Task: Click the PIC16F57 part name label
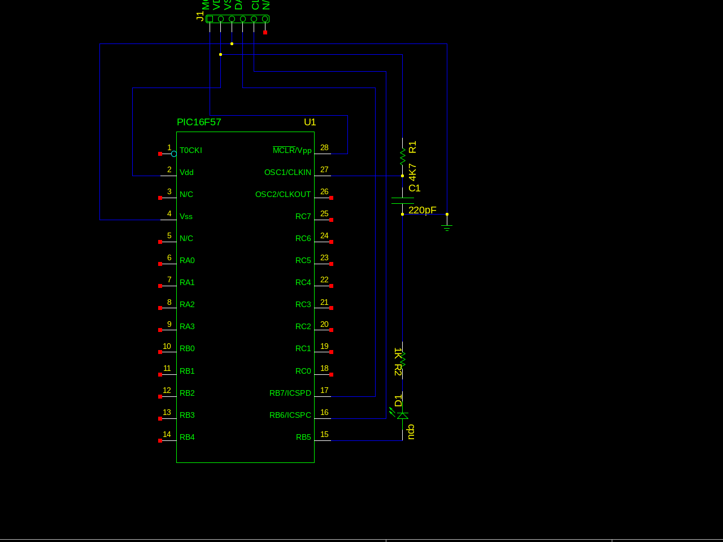point(199,123)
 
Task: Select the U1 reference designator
point(310,123)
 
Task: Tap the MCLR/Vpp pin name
point(292,150)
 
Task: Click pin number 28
point(324,147)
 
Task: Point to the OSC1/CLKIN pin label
point(288,172)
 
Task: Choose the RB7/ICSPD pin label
point(290,393)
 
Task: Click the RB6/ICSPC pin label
point(290,415)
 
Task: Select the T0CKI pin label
point(190,150)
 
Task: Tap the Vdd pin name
point(186,172)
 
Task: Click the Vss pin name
point(186,216)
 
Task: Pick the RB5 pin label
point(303,437)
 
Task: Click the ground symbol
point(447,227)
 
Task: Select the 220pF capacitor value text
point(422,210)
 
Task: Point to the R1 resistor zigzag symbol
point(403,156)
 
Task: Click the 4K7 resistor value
point(412,172)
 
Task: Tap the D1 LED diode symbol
point(402,416)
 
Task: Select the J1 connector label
point(199,16)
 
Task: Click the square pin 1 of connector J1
point(210,19)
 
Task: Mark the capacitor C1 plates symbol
point(403,200)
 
